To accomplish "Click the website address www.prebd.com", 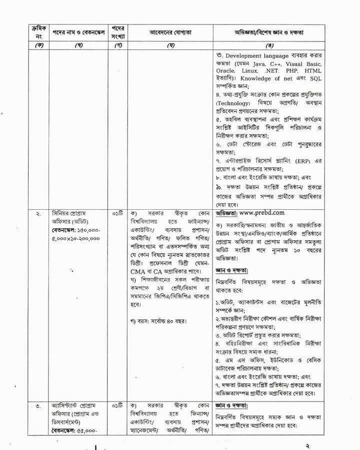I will pos(273,212).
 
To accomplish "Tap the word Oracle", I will pos(225,71).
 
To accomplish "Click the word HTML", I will pos(312,71).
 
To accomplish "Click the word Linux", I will pos(252,71).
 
